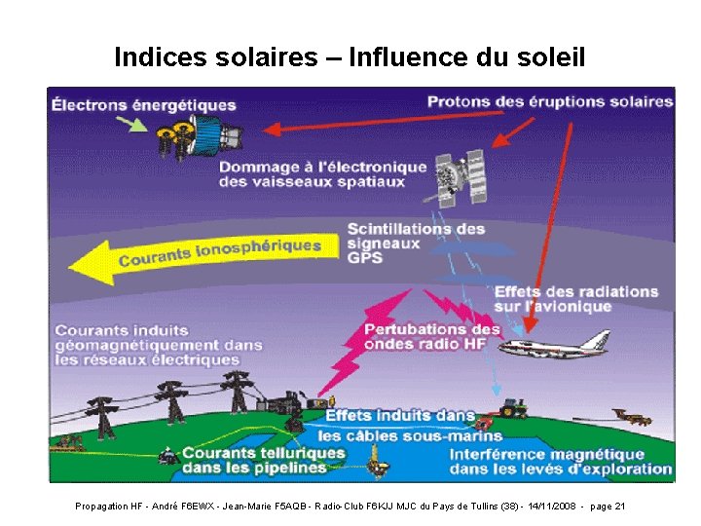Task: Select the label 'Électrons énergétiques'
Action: pos(144,104)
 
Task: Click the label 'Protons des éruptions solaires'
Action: pos(550,101)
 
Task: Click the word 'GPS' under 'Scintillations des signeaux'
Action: pos(364,258)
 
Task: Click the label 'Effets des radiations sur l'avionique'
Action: pos(575,299)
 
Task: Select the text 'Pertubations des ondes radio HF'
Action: pos(432,336)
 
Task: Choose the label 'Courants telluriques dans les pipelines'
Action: pos(263,460)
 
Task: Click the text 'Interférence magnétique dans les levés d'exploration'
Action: pos(560,462)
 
